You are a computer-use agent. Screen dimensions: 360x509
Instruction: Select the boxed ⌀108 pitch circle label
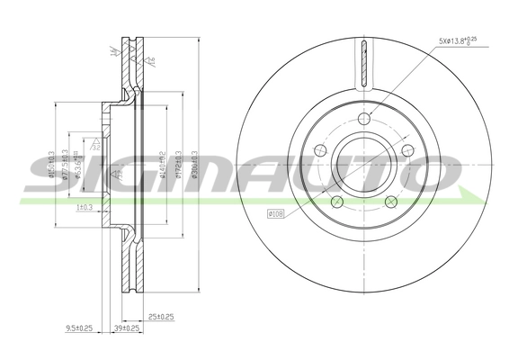(x=278, y=214)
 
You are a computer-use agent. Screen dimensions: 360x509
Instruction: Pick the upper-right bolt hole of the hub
(x=408, y=152)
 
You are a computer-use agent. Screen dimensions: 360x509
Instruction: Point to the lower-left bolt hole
(x=335, y=202)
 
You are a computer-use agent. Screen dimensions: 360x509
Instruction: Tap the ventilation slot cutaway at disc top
(x=363, y=63)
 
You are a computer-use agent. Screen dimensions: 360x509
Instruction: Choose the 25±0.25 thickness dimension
(x=161, y=315)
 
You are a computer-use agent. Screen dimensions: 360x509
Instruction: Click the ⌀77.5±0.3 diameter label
(x=66, y=163)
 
